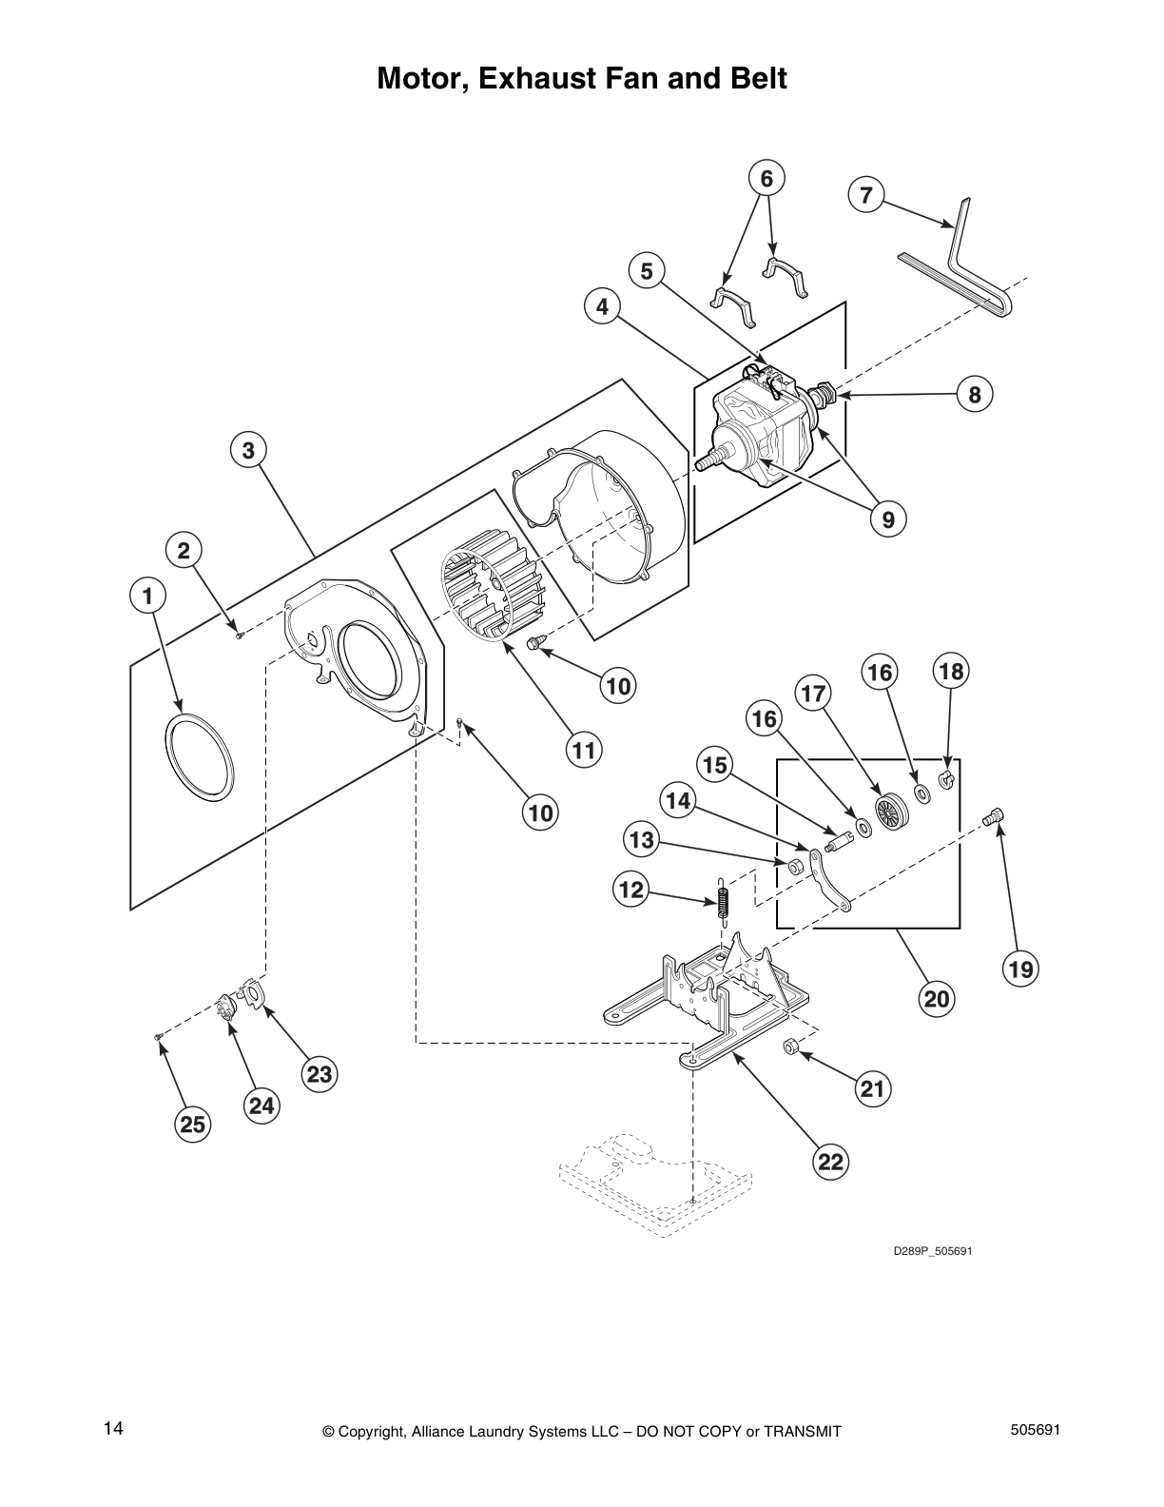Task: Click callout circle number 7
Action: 865,196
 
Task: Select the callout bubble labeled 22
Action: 830,1162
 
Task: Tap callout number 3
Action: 248,450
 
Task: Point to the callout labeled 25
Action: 192,1125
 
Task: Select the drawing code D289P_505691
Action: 932,1250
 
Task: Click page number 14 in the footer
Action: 113,1429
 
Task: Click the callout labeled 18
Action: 950,672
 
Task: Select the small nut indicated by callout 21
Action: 789,1047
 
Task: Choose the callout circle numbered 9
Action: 887,519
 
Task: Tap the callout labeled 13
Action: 642,840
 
